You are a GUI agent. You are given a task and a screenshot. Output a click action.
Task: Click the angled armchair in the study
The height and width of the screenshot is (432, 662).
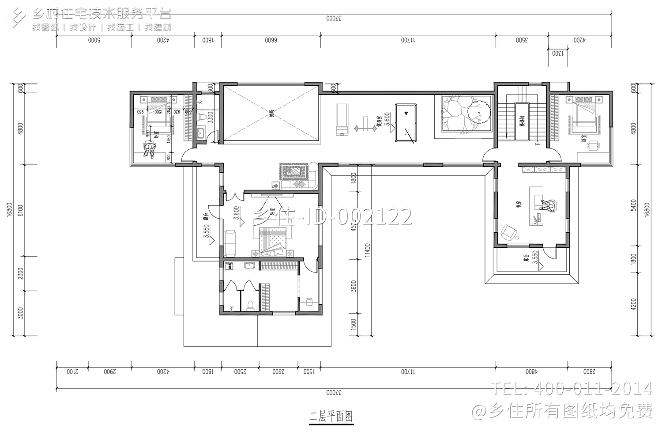[508, 232]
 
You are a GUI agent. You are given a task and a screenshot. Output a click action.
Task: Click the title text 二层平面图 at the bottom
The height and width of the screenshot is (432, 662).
[331, 416]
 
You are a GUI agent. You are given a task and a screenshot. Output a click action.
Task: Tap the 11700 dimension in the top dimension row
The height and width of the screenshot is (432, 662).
[408, 40]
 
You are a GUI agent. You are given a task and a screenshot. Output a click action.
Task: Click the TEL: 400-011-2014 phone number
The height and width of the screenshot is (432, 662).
[572, 388]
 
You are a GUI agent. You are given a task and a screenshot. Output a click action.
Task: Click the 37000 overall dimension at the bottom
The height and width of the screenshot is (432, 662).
[334, 392]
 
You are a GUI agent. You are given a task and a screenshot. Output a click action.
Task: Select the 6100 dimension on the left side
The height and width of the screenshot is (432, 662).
[20, 210]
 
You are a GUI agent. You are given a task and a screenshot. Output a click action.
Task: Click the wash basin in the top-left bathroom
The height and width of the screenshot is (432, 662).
[200, 132]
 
